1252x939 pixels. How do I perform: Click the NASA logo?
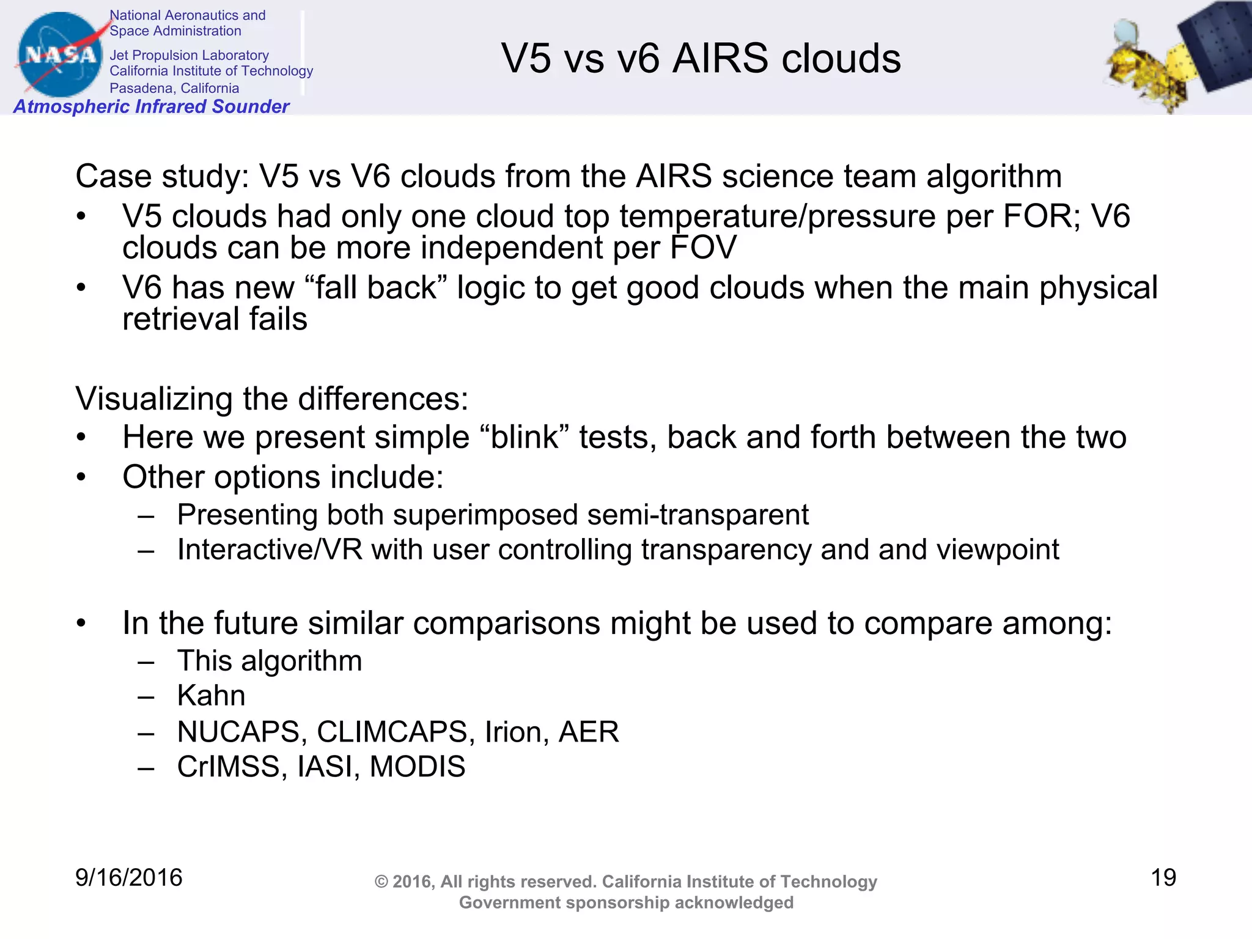(x=60, y=55)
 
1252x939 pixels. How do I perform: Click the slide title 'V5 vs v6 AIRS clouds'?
(x=701, y=59)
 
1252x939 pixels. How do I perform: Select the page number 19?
(x=1163, y=878)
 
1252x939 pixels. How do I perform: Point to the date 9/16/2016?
(x=128, y=878)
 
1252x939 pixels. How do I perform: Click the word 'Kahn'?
(x=211, y=696)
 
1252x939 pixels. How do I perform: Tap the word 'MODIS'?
(x=418, y=767)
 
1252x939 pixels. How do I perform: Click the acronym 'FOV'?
(x=703, y=248)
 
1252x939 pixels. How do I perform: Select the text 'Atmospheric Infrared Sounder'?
(x=151, y=106)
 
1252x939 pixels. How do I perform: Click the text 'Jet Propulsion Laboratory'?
(x=189, y=55)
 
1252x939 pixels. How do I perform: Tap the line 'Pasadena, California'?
(x=174, y=88)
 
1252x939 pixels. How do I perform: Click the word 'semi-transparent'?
(x=698, y=515)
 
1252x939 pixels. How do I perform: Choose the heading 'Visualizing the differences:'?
(x=271, y=399)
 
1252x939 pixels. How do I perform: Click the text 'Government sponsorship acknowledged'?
(x=626, y=902)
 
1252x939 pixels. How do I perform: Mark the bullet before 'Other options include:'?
(x=81, y=477)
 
